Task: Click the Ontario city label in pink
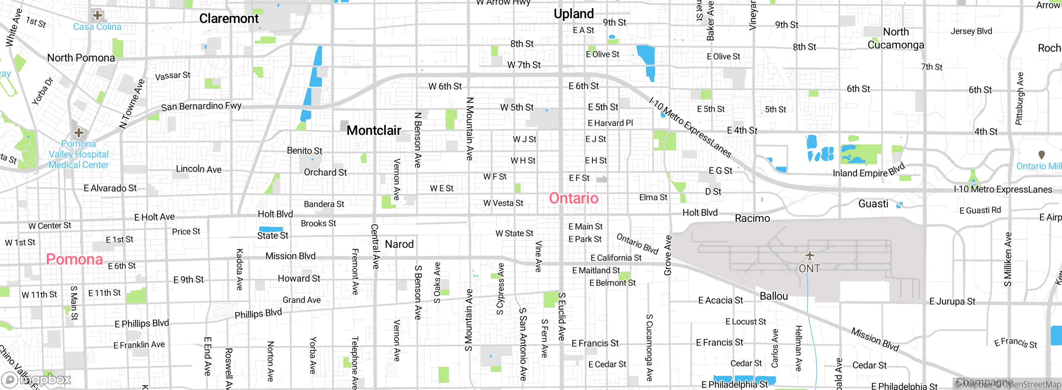pos(574,198)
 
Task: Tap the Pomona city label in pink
pos(75,259)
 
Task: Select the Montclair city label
pos(374,130)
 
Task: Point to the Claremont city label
pos(229,19)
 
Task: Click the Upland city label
pos(574,14)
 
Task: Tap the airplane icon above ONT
pos(809,255)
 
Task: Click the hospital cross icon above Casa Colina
pos(97,15)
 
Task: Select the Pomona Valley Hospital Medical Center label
pos(78,154)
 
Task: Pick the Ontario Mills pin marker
pos(1041,155)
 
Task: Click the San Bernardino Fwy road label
pos(201,106)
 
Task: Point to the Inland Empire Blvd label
pos(869,171)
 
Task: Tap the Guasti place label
pos(873,204)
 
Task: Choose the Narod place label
pos(399,244)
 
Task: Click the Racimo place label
pos(752,218)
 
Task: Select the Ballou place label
pos(774,296)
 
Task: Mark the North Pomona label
pos(81,58)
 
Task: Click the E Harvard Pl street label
pos(610,123)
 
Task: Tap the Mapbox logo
pos(37,380)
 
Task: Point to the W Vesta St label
pos(503,203)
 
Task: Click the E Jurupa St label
pos(953,302)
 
